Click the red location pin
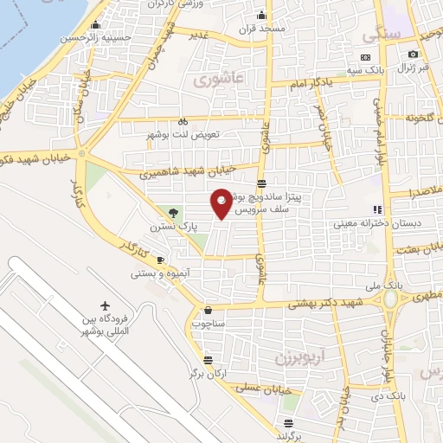tap(222, 202)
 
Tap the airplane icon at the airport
tap(106, 306)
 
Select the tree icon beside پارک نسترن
tap(174, 213)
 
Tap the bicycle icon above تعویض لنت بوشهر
tap(183, 123)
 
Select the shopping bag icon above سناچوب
tap(208, 311)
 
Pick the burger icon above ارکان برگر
tap(207, 360)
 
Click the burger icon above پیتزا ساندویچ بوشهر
tap(260, 182)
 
